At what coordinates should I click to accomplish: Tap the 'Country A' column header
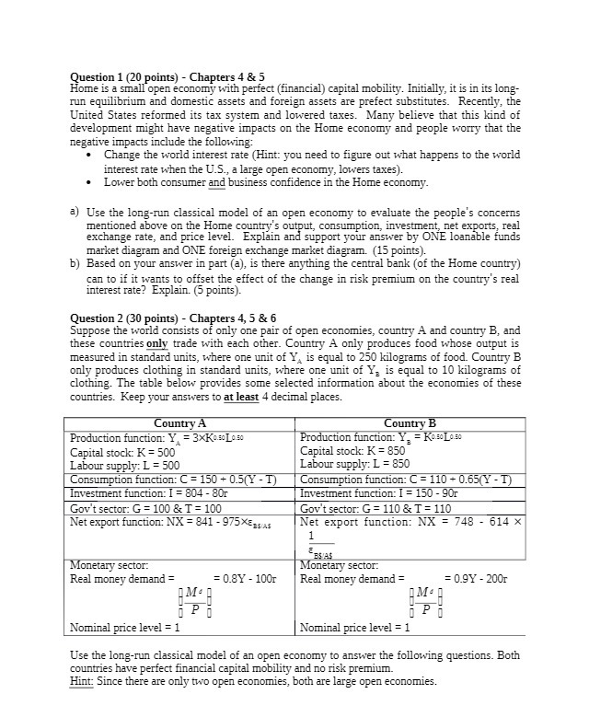(x=179, y=423)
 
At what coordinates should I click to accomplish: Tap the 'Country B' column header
(x=410, y=423)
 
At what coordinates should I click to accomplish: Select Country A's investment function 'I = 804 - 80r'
(x=136, y=493)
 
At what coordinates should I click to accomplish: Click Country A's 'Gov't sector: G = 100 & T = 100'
(x=145, y=508)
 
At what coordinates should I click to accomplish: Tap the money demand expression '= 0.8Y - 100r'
(x=245, y=579)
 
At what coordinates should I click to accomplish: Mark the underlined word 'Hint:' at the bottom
(x=84, y=680)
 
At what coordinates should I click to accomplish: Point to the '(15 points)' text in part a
(x=396, y=249)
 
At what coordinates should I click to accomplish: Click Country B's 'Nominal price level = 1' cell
(x=354, y=628)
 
